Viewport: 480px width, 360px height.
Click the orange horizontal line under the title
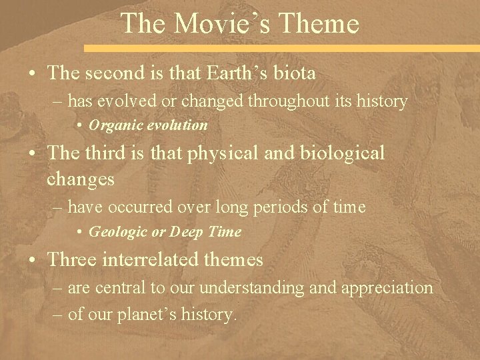click(280, 49)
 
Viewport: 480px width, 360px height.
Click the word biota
click(295, 74)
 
